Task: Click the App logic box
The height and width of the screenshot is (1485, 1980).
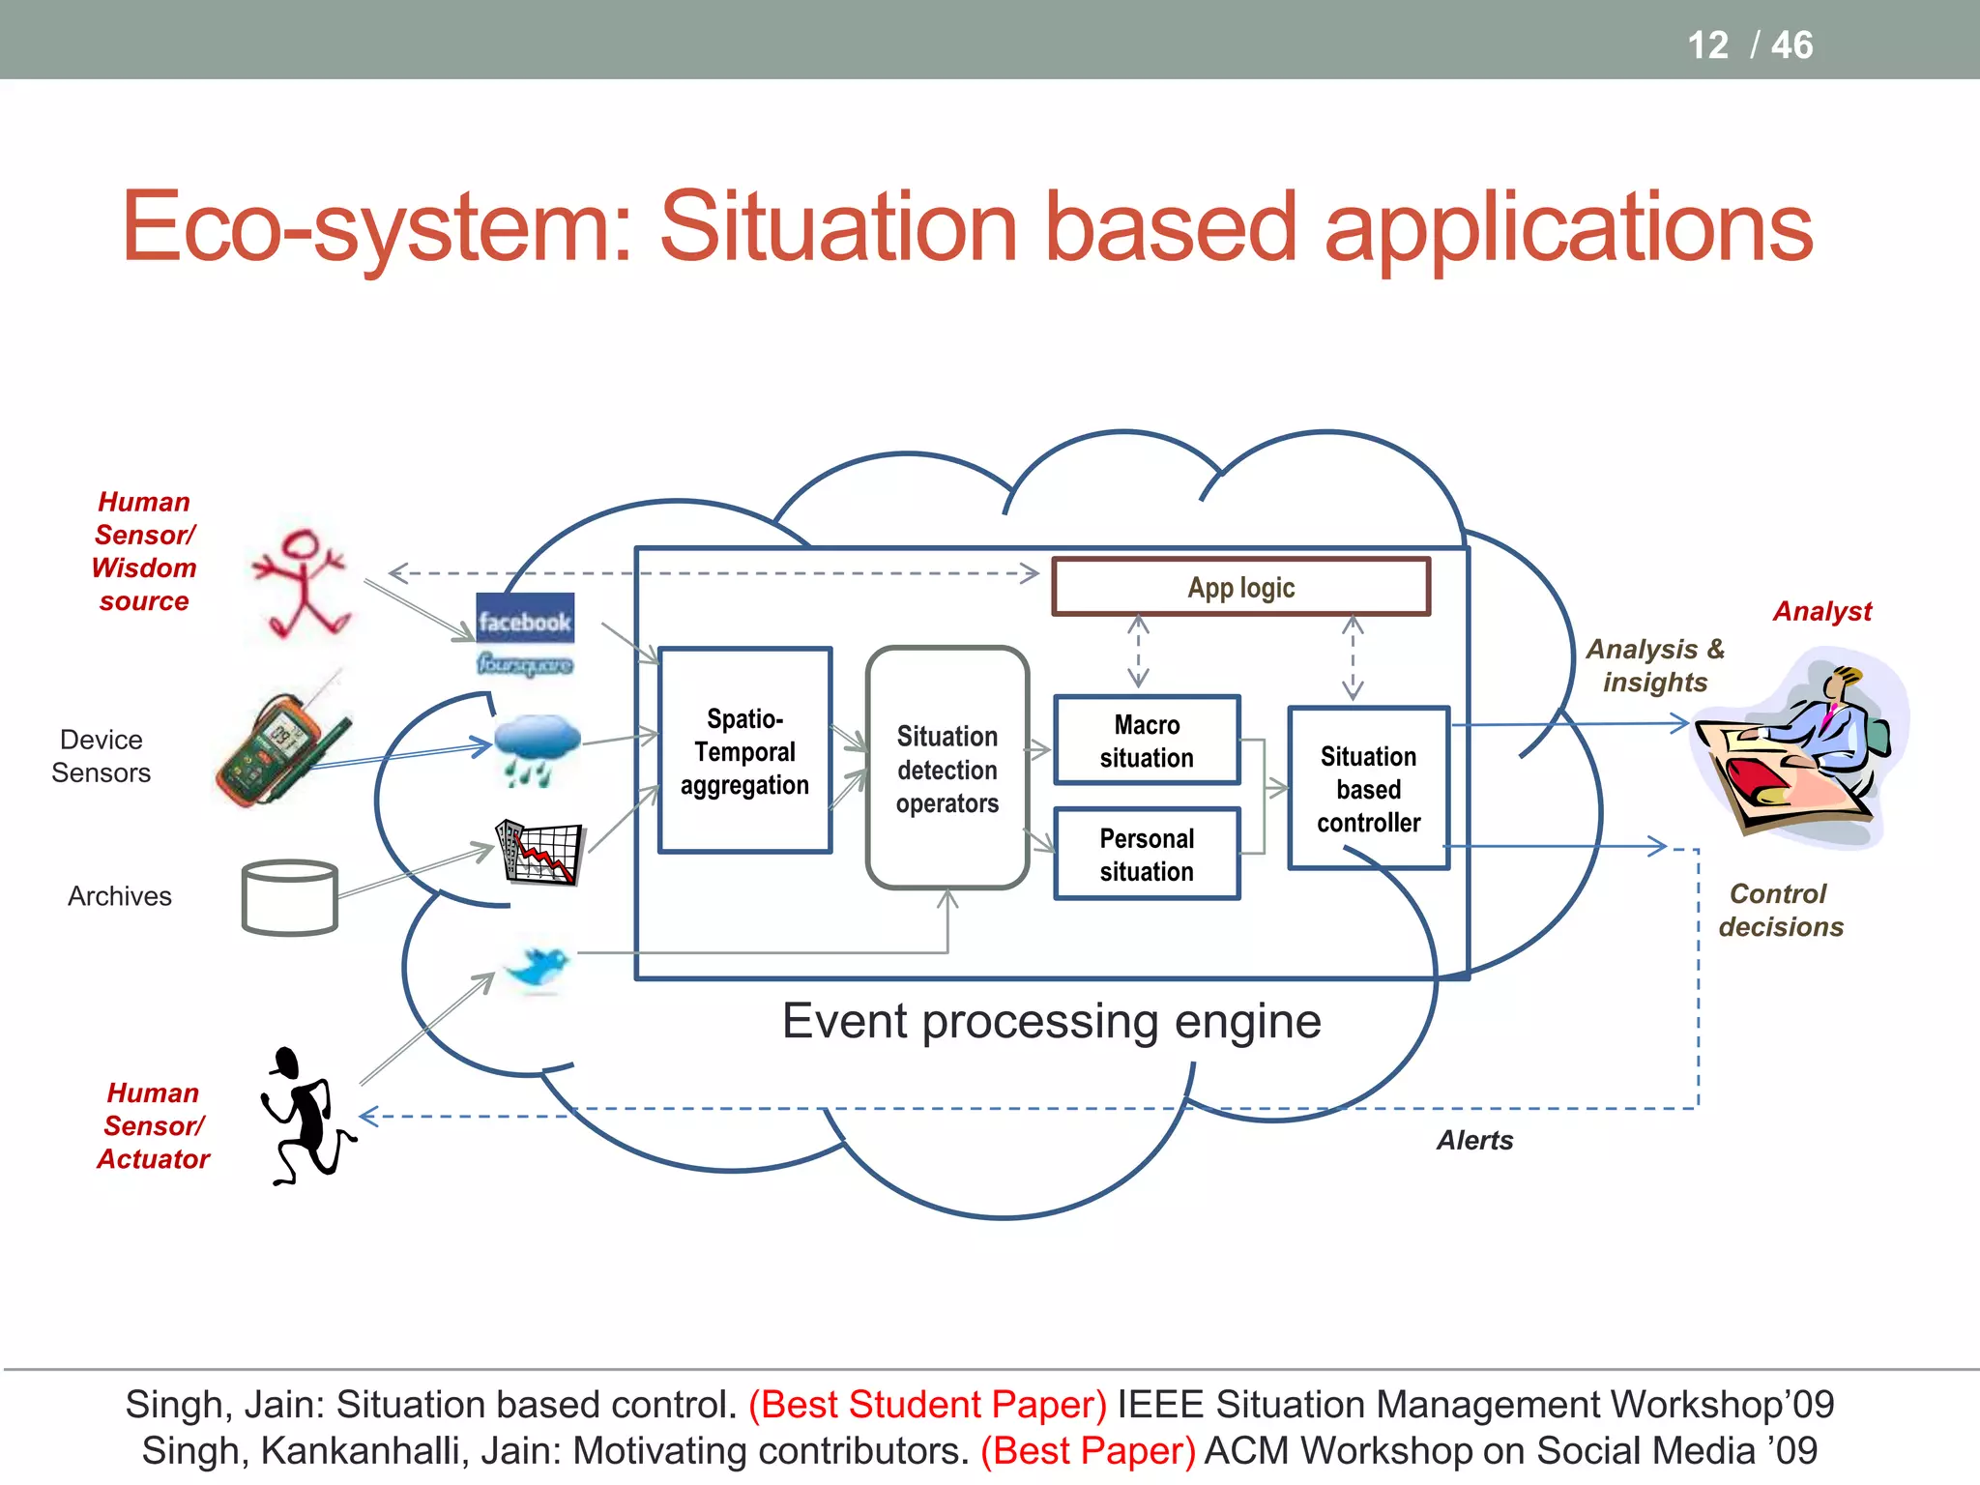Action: pyautogui.click(x=1240, y=587)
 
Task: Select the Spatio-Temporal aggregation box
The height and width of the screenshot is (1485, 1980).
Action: pyautogui.click(x=744, y=751)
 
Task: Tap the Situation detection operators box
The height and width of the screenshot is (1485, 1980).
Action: pyautogui.click(x=946, y=769)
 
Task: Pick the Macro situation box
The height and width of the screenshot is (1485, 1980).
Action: pyautogui.click(x=1147, y=741)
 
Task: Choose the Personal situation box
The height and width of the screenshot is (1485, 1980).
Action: pyautogui.click(x=1147, y=855)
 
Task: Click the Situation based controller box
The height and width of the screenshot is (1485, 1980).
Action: pyautogui.click(x=1368, y=789)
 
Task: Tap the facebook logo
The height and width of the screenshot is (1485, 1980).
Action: pyautogui.click(x=525, y=620)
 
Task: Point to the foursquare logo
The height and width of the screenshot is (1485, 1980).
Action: pyautogui.click(x=525, y=664)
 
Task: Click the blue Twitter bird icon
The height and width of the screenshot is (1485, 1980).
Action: pyautogui.click(x=539, y=967)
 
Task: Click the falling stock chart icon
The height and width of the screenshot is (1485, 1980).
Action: pyautogui.click(x=539, y=852)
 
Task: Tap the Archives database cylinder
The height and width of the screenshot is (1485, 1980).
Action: pyautogui.click(x=289, y=897)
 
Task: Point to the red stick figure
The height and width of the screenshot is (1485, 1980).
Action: pyautogui.click(x=302, y=584)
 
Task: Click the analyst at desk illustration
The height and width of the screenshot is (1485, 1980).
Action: pyautogui.click(x=1798, y=748)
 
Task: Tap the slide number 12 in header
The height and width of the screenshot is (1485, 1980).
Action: pyautogui.click(x=1707, y=44)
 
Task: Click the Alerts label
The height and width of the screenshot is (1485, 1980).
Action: pyautogui.click(x=1473, y=1141)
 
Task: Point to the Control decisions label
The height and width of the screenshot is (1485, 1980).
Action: pyautogui.click(x=1780, y=910)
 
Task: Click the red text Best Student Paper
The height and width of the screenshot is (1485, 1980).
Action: pyautogui.click(x=927, y=1405)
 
